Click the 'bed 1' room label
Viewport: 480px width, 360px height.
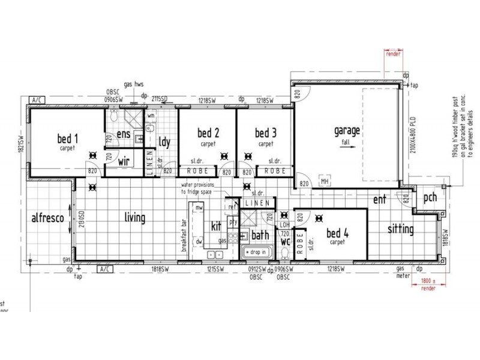click(x=67, y=138)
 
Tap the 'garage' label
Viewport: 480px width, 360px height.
click(x=347, y=131)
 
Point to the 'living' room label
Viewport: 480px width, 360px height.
click(x=134, y=217)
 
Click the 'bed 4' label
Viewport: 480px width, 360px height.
click(x=337, y=232)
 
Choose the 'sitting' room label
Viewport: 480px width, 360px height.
click(x=400, y=229)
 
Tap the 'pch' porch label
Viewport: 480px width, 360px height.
click(x=430, y=197)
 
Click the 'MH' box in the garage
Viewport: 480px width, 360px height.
click(x=325, y=181)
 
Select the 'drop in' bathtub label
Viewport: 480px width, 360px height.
click(x=256, y=253)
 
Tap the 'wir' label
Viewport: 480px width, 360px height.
click(x=124, y=161)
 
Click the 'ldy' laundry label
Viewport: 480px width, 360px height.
click(x=164, y=142)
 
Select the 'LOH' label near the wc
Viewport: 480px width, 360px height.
click(x=285, y=224)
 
